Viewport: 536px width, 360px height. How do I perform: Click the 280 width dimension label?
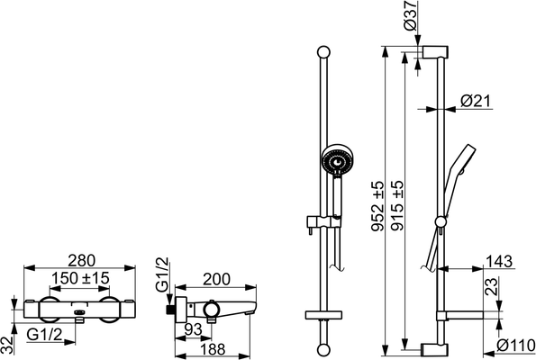81,261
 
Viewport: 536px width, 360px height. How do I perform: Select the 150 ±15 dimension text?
80,278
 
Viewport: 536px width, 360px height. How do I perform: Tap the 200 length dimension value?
217,279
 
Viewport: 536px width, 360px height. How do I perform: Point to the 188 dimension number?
213,349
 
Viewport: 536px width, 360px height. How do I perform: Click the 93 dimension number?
193,329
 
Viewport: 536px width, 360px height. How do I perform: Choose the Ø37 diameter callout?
410,15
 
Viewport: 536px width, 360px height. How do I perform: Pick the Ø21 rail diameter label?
476,101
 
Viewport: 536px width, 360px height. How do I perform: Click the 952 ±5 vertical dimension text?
378,206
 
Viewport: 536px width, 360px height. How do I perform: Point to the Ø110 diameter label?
516,345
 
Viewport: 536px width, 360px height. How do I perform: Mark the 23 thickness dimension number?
491,286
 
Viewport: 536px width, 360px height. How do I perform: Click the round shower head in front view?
337,160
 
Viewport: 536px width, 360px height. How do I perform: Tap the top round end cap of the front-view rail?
323,52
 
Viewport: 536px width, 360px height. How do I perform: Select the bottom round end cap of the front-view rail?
323,350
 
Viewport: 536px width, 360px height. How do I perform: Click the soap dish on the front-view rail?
323,315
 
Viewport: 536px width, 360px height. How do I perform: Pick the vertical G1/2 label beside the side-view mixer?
162,274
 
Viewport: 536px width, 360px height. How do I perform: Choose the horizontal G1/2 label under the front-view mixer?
45,335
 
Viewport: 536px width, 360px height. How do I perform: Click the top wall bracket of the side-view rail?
436,52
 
